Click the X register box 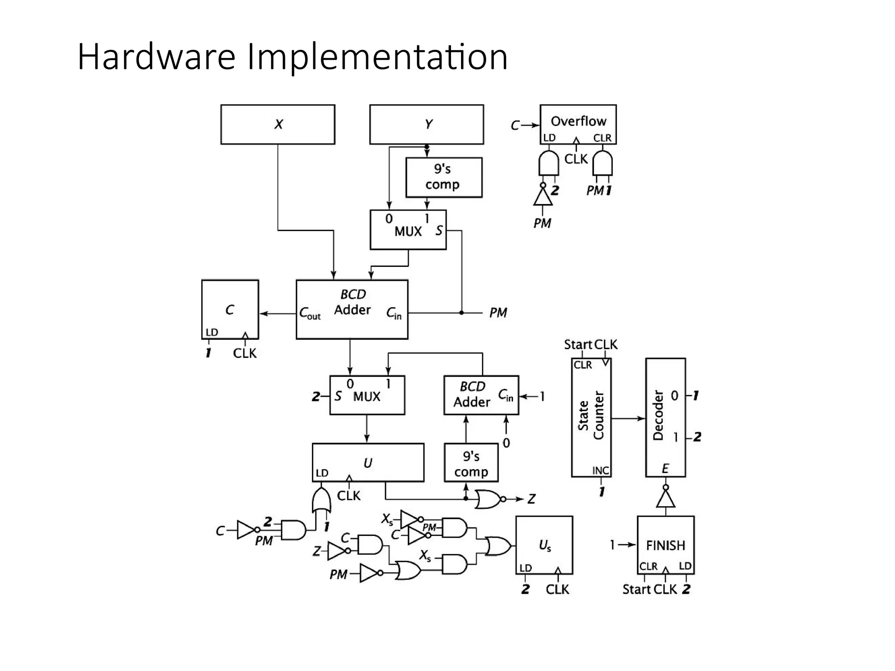point(278,125)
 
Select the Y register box point(427,125)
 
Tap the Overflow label point(578,121)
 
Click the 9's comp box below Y point(444,177)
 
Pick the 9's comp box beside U point(471,463)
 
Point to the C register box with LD point(230,309)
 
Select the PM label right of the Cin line point(498,313)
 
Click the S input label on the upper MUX point(439,231)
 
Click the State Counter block point(591,417)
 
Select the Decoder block point(665,417)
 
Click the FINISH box point(665,545)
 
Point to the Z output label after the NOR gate point(531,499)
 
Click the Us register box point(544,545)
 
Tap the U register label point(368,463)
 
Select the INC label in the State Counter point(600,470)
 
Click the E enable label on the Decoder point(665,469)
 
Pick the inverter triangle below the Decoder point(665,499)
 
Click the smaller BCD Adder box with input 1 point(481,395)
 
